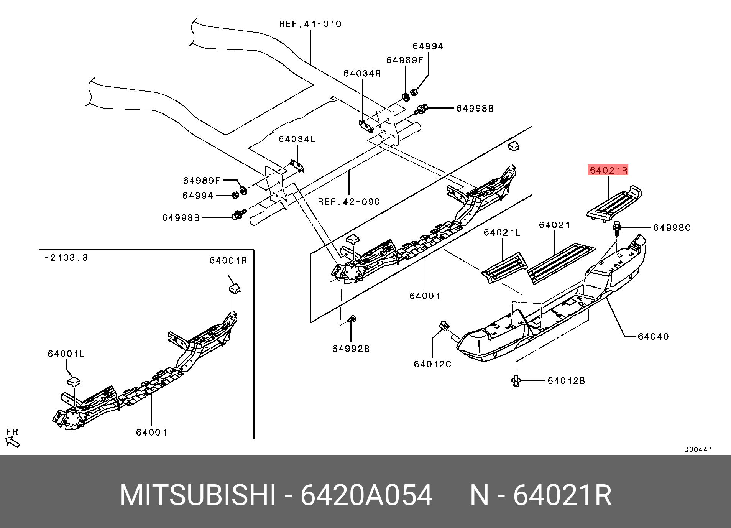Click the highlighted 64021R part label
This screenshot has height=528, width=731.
pos(608,170)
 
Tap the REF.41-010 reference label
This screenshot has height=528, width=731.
pos(310,25)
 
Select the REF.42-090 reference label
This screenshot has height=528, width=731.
pos(349,202)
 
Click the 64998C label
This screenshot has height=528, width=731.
pos(672,228)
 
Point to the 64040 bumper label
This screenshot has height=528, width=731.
pos(653,337)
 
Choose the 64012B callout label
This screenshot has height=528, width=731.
pos(566,381)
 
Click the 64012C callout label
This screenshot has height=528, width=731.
pos(432,364)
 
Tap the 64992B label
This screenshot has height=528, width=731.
pos(351,349)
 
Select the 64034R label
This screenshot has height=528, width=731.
pos(362,74)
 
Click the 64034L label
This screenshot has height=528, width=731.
pos(297,140)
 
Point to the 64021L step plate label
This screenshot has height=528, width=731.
pos(502,233)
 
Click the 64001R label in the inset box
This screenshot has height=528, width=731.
pos(228,261)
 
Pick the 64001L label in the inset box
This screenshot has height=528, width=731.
pos(66,354)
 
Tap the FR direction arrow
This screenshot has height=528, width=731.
pos(13,442)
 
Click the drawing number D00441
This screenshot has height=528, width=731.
pos(698,450)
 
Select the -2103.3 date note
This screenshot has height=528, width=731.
pos(66,258)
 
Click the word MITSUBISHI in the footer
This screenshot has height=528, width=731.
pos(197,495)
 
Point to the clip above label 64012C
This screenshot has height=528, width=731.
pos(444,326)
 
